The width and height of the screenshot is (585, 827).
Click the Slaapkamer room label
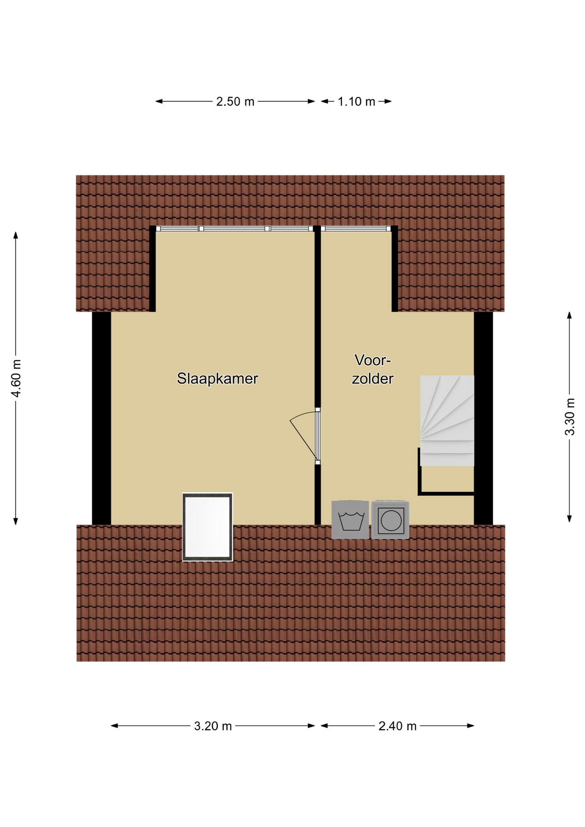[217, 379]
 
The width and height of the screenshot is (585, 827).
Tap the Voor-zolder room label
[372, 369]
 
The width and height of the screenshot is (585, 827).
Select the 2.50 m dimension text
[235, 102]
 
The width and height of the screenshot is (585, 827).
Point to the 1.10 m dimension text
[356, 102]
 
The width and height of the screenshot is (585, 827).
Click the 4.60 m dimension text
[16, 379]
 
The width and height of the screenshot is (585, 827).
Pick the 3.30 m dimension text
[569, 417]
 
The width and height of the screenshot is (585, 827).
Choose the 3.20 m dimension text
[213, 726]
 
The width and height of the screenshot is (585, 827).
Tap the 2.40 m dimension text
[397, 726]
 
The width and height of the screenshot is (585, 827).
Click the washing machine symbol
[350, 519]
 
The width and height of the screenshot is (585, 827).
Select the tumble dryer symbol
[390, 519]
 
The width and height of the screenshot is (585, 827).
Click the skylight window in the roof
[208, 527]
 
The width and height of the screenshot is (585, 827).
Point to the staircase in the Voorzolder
[447, 421]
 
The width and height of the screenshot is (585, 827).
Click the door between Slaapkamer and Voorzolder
[317, 436]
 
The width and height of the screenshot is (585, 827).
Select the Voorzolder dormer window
[356, 229]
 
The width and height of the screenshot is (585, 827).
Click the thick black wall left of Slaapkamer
[102, 418]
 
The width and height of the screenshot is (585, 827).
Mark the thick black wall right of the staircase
[483, 418]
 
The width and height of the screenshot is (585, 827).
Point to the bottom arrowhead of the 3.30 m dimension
[569, 519]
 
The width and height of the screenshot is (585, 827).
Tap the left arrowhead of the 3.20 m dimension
[115, 726]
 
